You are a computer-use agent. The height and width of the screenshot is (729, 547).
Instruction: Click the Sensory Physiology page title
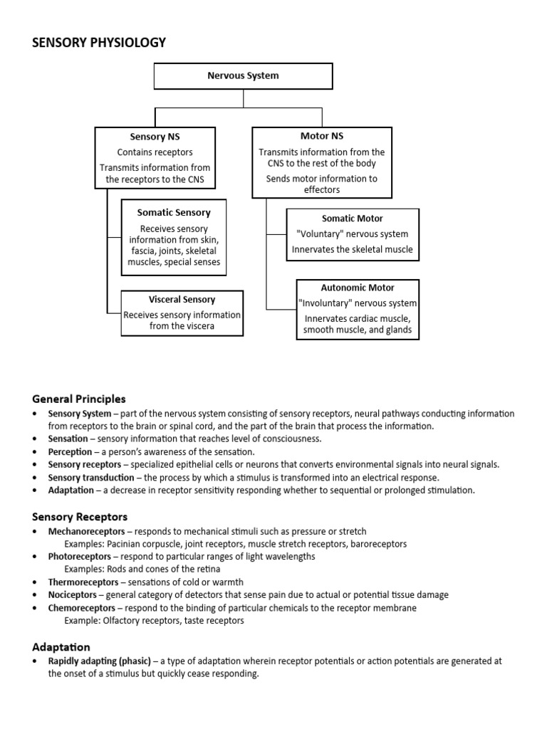pos(99,43)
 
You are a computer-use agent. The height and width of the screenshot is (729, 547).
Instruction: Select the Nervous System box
pos(243,75)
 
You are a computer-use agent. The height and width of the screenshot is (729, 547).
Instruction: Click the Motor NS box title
pos(322,136)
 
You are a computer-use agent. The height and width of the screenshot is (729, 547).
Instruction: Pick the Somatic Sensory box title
pos(174,212)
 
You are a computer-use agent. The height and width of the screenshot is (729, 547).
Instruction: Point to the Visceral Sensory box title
pos(182,300)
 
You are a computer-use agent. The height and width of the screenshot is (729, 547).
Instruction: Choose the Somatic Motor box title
pos(353,219)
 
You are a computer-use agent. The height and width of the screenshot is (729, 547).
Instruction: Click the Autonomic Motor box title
pos(358,288)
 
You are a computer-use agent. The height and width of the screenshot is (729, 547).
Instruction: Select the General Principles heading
pos(79,399)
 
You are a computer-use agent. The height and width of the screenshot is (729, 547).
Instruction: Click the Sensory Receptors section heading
pos(80,516)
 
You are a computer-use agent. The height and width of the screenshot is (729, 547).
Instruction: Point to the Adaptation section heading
pos(61,646)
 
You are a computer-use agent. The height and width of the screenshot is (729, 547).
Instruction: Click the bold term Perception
pos(70,452)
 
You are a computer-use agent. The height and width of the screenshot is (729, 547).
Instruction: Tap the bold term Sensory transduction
pos(90,478)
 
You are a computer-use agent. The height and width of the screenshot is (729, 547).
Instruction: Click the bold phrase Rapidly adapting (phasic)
pos(98,661)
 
